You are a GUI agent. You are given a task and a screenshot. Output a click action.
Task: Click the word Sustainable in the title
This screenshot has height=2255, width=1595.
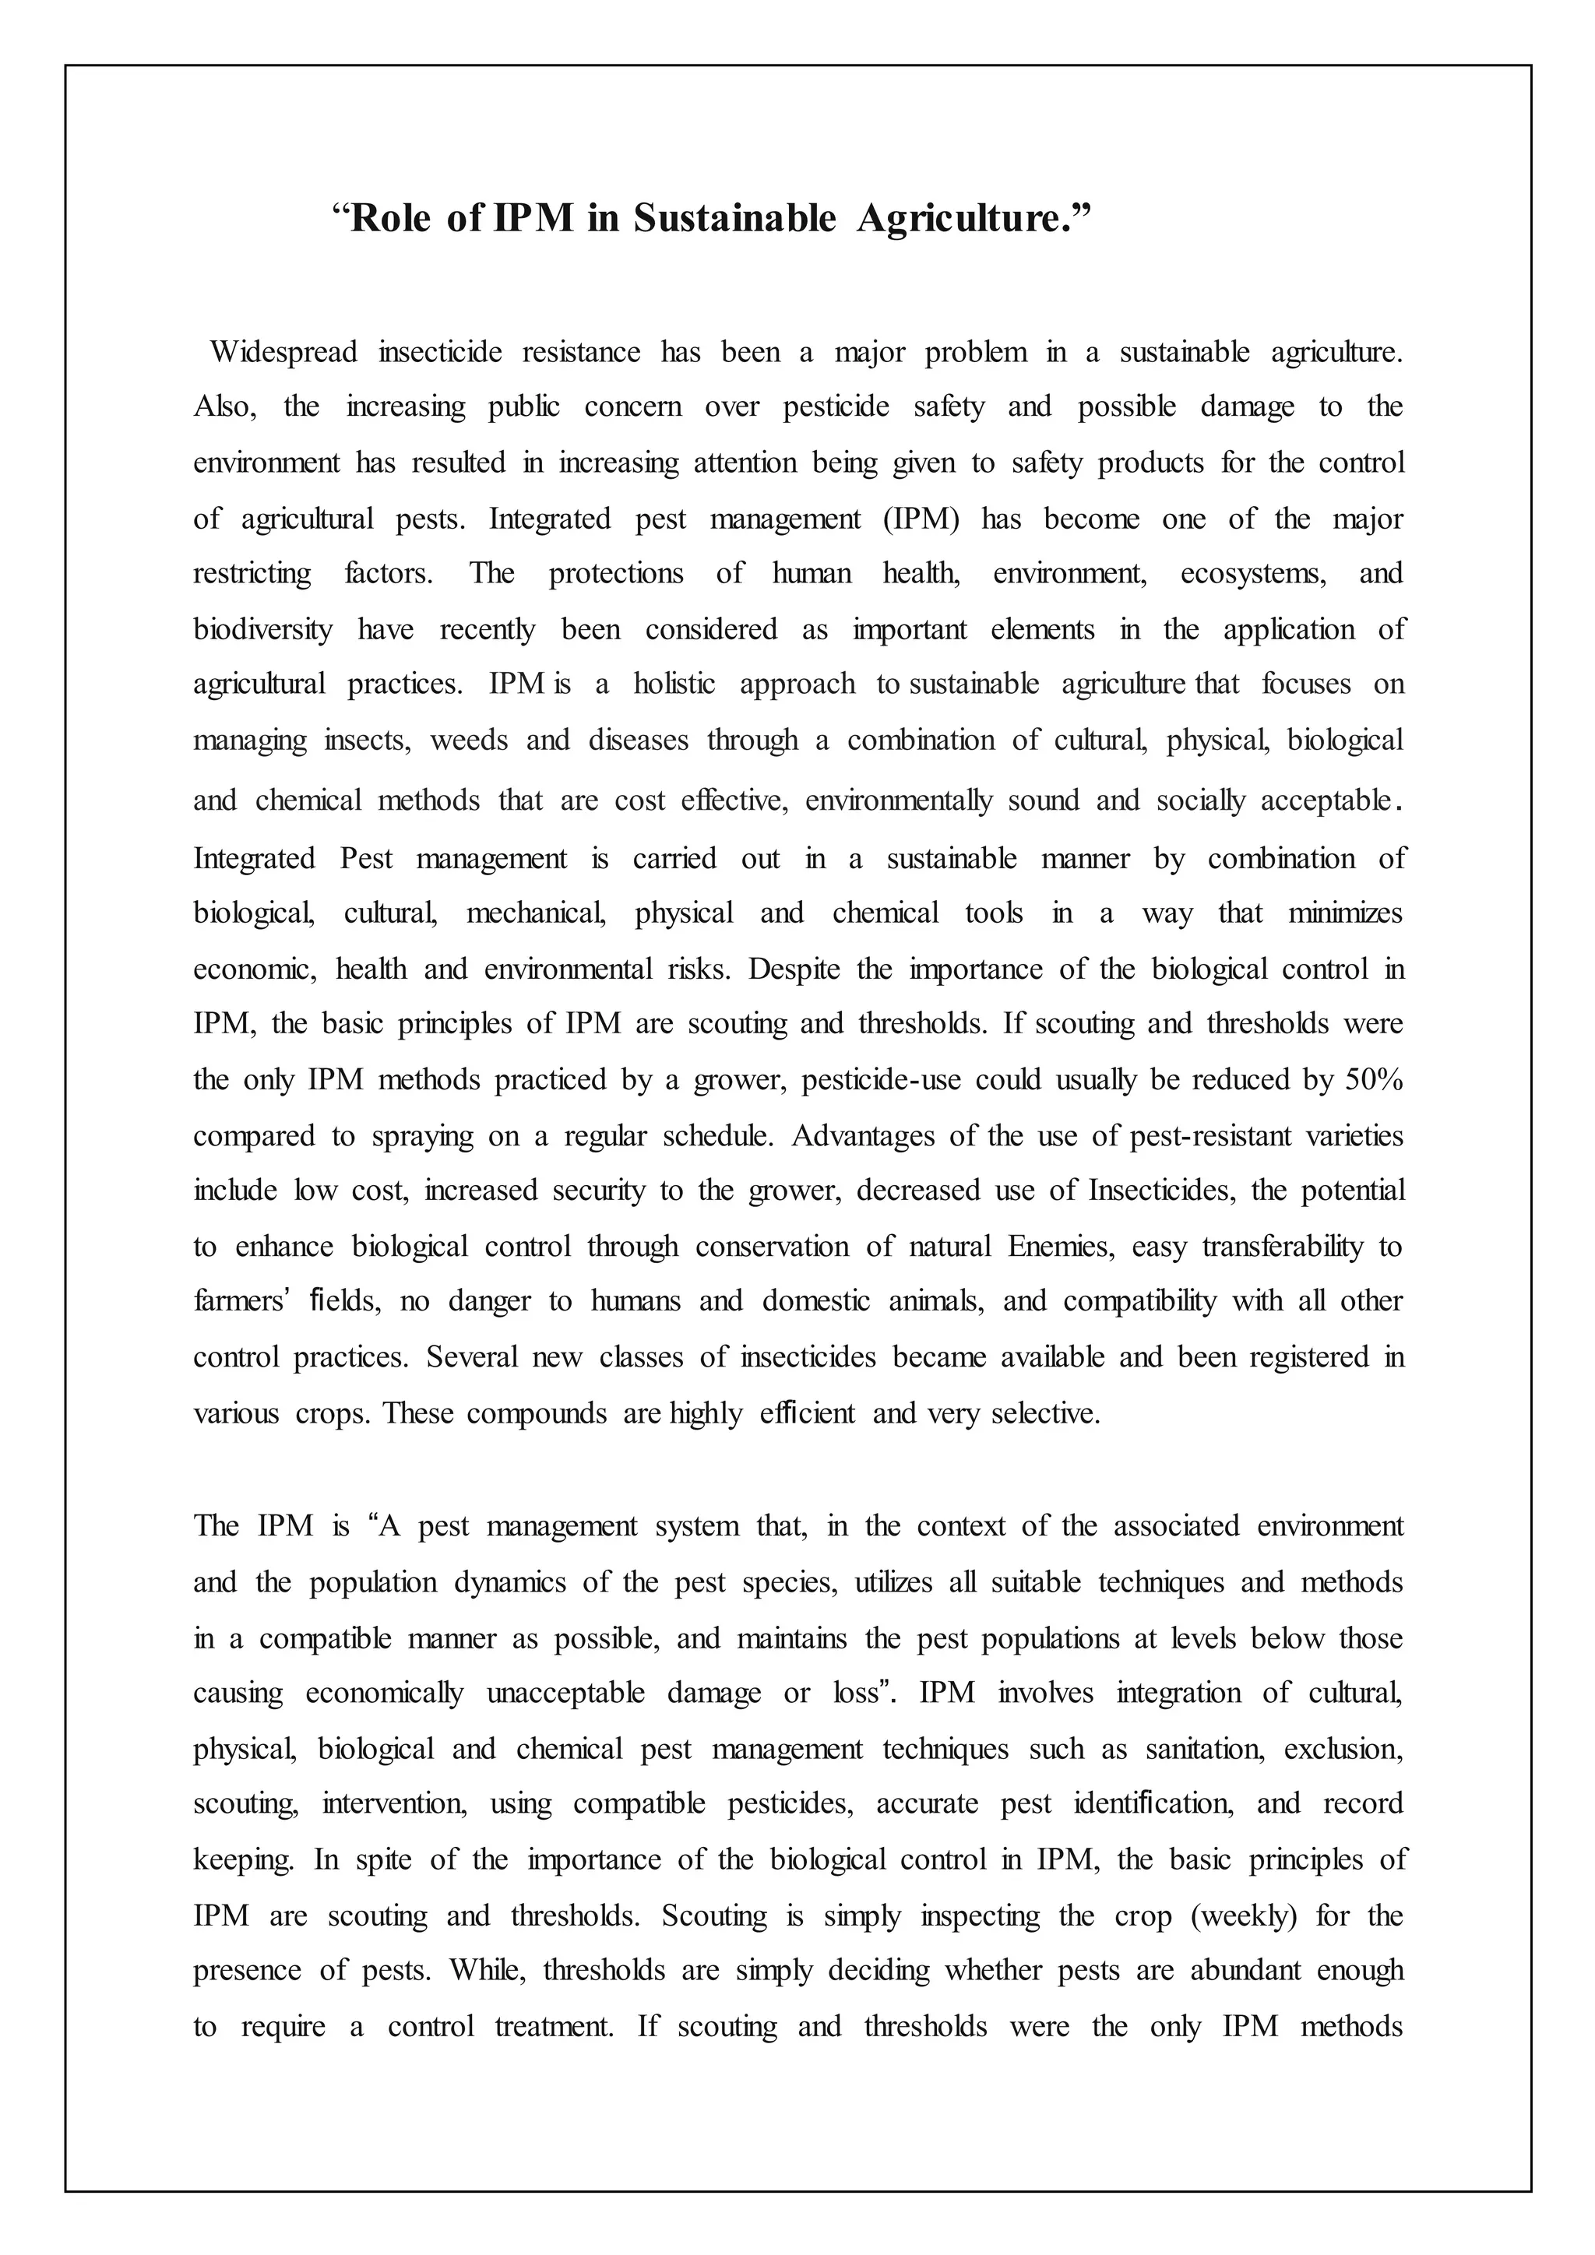[734, 218]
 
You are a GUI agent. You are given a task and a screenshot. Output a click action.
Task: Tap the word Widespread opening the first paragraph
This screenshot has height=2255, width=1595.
[283, 352]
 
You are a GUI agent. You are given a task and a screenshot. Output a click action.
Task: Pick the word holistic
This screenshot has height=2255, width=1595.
[674, 684]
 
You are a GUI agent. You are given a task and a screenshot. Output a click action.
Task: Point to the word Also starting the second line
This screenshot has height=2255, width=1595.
[225, 406]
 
